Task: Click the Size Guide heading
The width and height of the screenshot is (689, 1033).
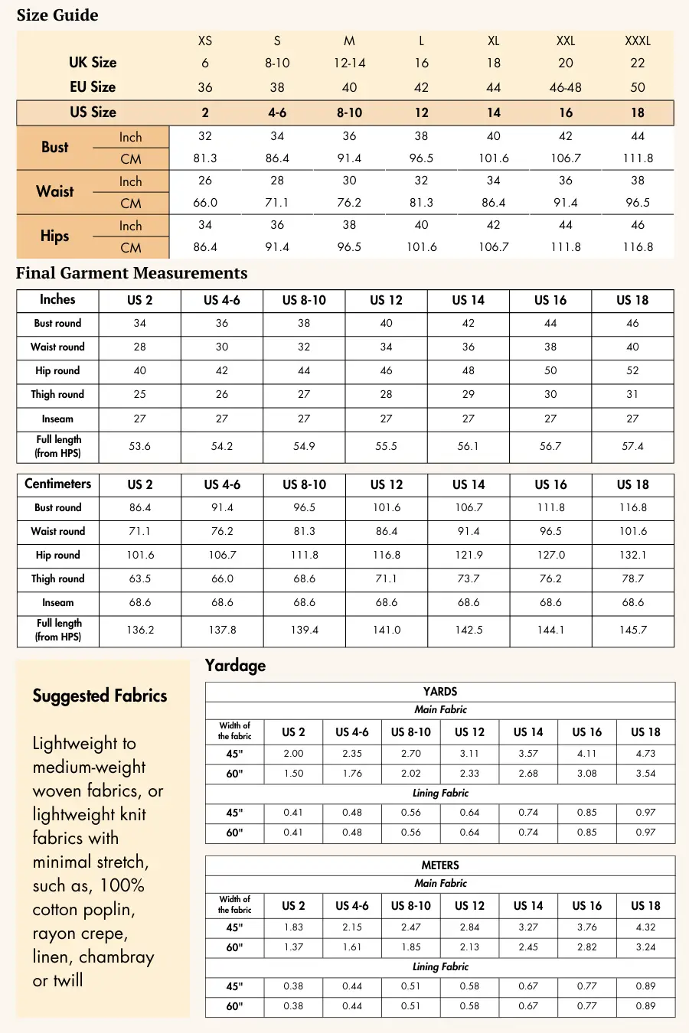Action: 57,15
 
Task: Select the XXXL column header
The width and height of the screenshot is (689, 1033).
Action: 638,41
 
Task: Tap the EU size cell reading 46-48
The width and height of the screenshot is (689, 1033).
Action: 565,87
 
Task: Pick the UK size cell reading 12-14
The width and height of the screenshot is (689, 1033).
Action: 349,63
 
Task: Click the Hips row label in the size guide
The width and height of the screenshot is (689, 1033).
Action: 54,236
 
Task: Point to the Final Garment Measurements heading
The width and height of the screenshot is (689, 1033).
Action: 132,273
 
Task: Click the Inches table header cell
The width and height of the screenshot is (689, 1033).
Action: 57,300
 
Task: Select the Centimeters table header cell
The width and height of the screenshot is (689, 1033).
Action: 57,484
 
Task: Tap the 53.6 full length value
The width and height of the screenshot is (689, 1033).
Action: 139,446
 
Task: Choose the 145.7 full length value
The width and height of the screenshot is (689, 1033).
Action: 633,630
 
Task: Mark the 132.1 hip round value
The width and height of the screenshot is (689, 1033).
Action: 633,555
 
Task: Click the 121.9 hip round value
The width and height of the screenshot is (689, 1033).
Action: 469,555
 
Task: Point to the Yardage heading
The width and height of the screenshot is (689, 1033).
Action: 235,666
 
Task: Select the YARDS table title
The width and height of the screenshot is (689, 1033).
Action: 440,692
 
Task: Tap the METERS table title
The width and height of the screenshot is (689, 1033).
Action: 440,865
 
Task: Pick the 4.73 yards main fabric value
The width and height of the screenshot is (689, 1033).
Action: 645,754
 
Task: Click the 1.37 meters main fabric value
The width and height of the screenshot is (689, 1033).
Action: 293,947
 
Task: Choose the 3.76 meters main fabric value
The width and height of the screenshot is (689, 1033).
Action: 586,927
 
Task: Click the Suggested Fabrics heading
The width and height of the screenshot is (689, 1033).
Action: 100,696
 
